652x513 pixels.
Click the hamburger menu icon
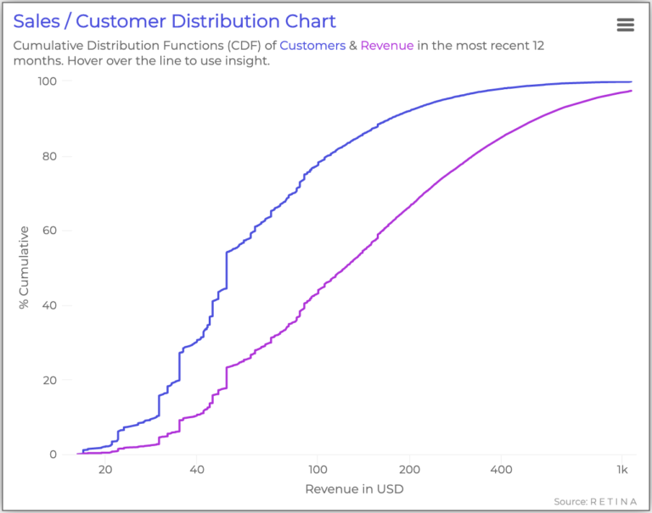point(626,25)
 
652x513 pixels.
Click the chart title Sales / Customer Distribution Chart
point(174,21)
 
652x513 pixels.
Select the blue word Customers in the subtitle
point(312,46)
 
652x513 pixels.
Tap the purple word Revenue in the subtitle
point(387,46)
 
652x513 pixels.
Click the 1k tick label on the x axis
point(622,471)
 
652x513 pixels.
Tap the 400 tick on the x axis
point(501,471)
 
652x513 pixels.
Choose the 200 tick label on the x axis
point(409,471)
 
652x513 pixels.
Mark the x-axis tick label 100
point(318,471)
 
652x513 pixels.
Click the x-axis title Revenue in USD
point(353,489)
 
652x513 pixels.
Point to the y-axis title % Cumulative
point(25,267)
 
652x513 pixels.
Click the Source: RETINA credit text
point(596,501)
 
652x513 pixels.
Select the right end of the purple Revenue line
point(631,91)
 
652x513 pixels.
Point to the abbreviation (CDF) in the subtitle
point(245,46)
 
